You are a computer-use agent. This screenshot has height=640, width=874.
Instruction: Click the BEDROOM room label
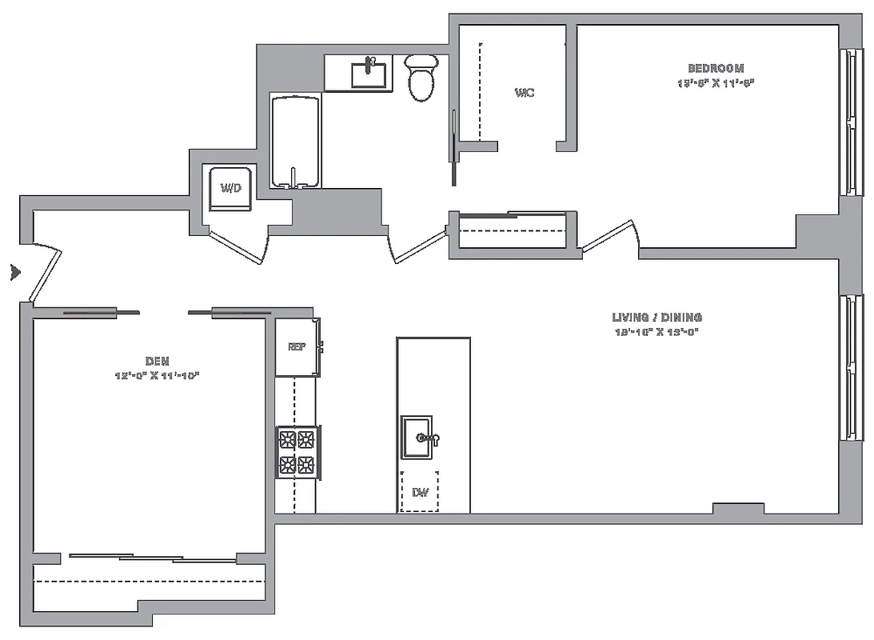[716, 69]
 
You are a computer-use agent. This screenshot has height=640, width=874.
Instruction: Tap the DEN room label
[158, 362]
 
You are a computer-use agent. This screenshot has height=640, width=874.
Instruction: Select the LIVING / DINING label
[657, 318]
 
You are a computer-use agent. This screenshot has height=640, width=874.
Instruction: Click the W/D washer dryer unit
[231, 189]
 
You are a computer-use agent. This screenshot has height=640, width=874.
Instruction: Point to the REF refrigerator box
[297, 347]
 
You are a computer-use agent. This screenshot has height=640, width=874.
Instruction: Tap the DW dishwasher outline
[419, 492]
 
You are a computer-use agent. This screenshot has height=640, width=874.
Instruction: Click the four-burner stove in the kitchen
[297, 452]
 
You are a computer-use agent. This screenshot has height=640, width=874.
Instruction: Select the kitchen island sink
[417, 438]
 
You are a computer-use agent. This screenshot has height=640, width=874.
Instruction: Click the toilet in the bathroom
[421, 78]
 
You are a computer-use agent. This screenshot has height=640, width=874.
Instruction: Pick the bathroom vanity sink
[370, 73]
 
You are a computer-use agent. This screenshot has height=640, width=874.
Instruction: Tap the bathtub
[296, 142]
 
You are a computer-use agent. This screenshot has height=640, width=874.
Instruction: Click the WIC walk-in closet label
[525, 93]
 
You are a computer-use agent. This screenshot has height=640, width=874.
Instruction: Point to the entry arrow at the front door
[14, 272]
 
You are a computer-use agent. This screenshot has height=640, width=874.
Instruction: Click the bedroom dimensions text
[716, 82]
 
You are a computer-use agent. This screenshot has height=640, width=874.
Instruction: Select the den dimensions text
[157, 375]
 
